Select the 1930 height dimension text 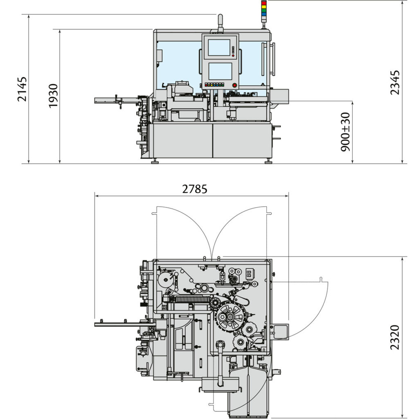coord(53,96)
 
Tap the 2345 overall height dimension coord(394,82)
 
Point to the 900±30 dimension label coord(346,132)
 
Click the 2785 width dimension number coord(195,189)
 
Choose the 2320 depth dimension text coord(394,337)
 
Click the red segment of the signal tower coord(264,3)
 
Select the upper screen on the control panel coord(219,47)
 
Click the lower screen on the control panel coord(220,71)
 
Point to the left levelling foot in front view coord(155,161)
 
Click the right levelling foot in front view coord(268,161)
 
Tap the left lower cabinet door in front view coord(181,140)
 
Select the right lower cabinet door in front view coord(242,140)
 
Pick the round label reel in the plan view coord(165,281)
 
